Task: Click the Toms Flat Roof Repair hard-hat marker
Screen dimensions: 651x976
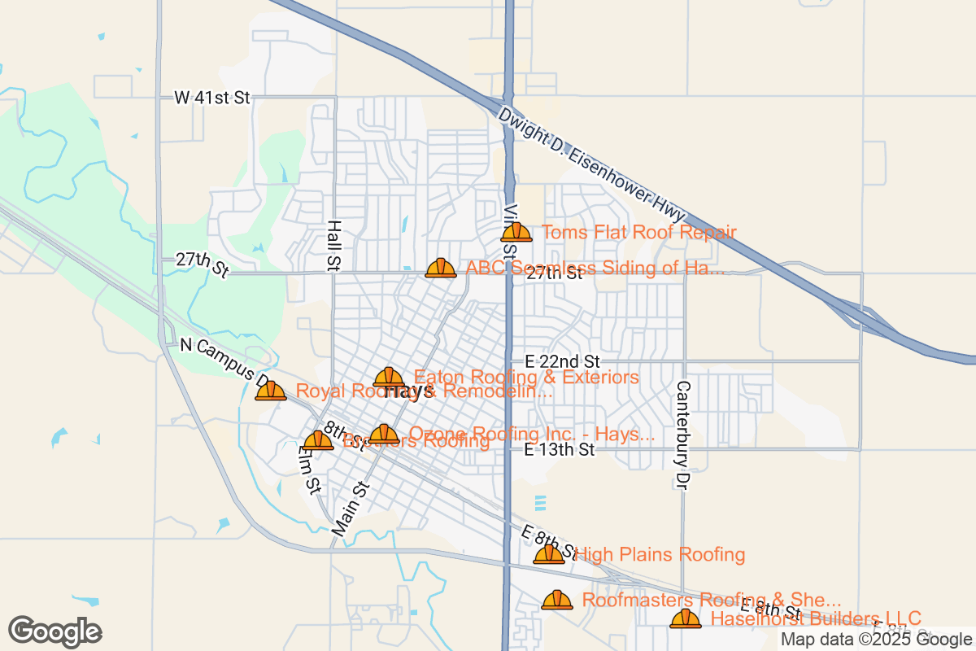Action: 516,233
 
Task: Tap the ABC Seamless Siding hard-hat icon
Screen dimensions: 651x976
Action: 441,268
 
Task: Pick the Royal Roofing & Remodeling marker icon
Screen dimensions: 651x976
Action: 271,391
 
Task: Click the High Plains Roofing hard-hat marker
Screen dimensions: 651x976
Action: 549,555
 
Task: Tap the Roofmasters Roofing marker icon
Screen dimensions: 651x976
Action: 557,600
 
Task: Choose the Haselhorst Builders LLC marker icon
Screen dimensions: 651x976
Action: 686,619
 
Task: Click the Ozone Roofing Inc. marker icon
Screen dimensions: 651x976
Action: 384,435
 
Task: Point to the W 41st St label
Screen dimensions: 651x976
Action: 211,98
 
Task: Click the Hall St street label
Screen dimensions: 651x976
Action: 333,244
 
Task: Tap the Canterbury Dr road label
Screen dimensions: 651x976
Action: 682,435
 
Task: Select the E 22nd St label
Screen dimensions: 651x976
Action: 562,360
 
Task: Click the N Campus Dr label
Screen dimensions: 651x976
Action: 224,361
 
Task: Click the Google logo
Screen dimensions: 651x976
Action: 55,631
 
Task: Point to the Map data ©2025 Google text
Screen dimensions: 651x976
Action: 874,640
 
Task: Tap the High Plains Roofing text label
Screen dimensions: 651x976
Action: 660,555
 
